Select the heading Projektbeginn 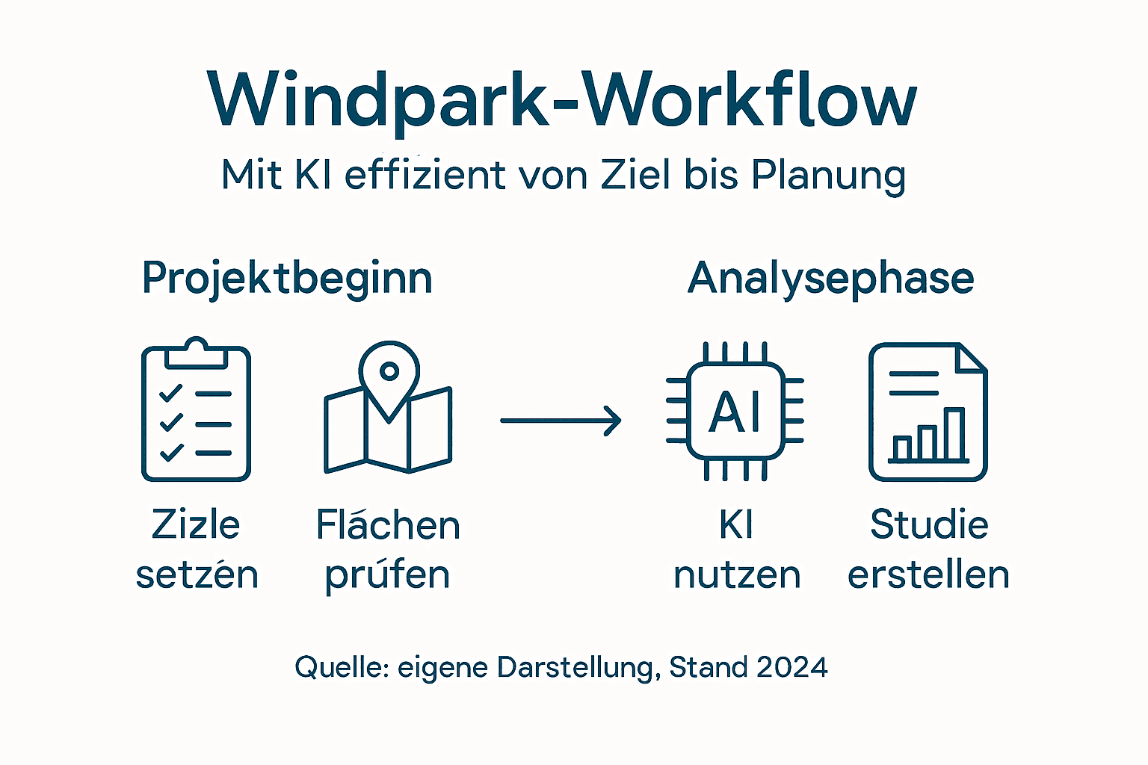287,279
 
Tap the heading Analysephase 830,279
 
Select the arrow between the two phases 561,421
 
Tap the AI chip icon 735,411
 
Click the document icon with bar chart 928,412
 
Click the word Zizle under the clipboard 196,524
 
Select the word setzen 197,575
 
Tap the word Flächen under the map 388,524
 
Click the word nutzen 737,575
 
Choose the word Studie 929,524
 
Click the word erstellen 928,575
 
